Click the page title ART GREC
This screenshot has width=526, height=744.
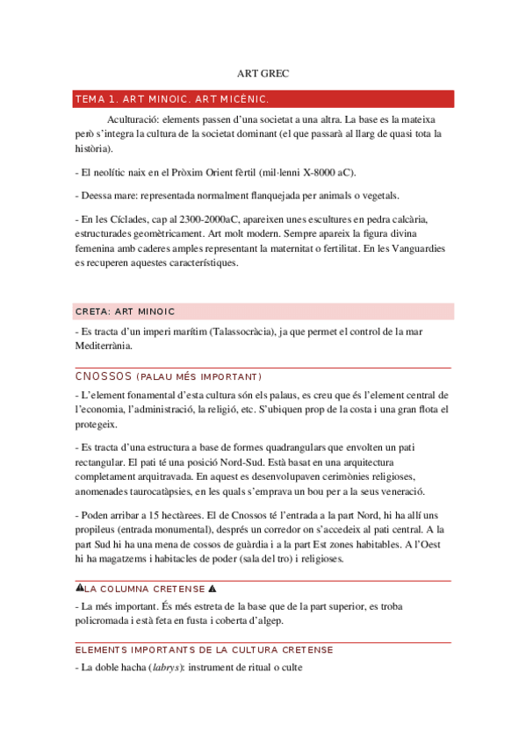click(263, 74)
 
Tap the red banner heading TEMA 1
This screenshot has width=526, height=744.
click(172, 98)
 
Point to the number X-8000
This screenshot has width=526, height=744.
click(322, 172)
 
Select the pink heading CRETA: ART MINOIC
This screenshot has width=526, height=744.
click(126, 311)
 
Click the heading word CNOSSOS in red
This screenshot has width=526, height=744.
click(104, 376)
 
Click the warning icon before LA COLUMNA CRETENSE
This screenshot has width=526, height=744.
click(80, 588)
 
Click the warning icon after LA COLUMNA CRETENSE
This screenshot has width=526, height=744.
click(212, 588)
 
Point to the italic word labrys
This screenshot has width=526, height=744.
click(163, 668)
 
